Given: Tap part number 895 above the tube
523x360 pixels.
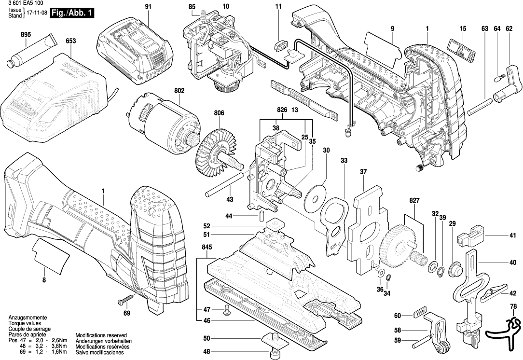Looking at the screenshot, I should [26, 35].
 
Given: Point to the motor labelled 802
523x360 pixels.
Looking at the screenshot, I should [164, 121].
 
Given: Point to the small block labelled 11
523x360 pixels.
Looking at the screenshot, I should [279, 45].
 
